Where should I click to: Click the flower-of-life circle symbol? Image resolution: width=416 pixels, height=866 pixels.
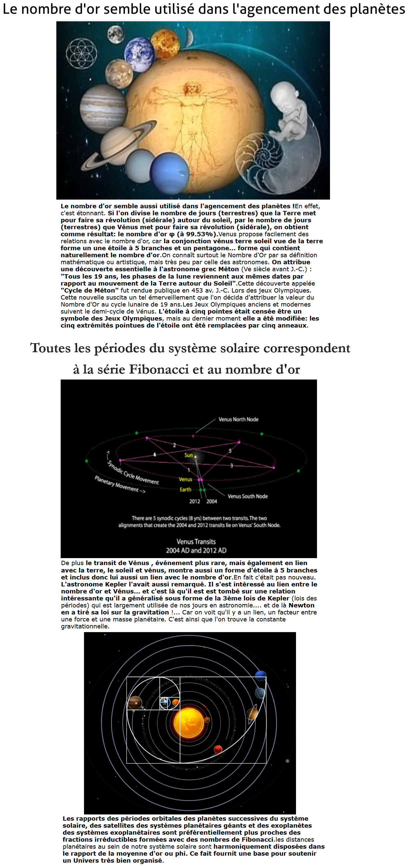pos(81,54)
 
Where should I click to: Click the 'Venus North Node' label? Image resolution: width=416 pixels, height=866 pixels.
pos(238,419)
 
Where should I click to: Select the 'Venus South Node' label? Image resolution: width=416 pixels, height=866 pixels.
pos(248,496)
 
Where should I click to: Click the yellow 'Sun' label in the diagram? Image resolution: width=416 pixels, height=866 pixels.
pos(189,455)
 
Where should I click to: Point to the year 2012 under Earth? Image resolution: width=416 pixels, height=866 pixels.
pos(194,501)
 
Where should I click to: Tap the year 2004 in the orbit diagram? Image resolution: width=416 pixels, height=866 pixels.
pos(212,501)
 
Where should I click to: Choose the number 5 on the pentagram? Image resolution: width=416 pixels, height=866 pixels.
pos(230,451)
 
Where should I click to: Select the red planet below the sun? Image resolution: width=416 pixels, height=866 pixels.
pos(218,749)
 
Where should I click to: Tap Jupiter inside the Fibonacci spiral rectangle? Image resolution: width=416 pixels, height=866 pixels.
pos(135,703)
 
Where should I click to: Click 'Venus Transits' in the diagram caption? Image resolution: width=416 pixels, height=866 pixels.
pos(196,541)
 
